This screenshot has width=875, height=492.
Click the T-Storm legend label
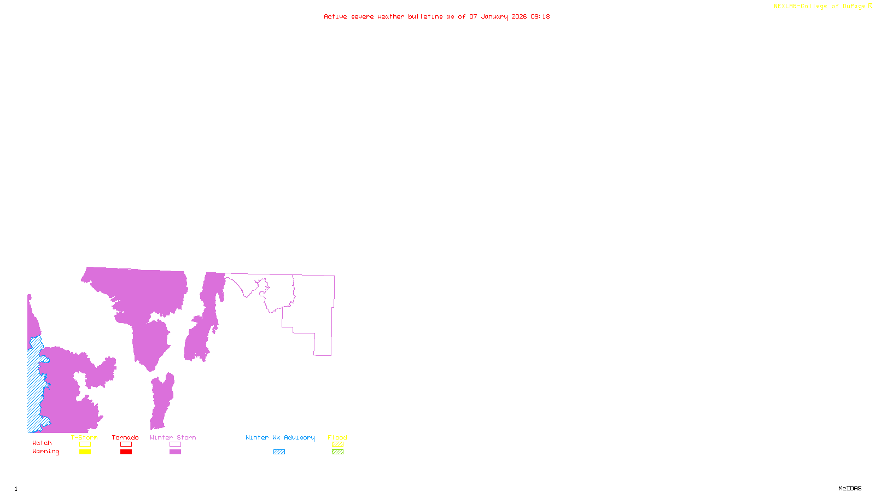[x=84, y=437]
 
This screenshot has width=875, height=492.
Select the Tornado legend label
[x=125, y=437]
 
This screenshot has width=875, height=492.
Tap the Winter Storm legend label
[x=173, y=437]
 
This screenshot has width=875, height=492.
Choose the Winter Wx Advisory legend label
[x=280, y=437]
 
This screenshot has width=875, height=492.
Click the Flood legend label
[x=337, y=437]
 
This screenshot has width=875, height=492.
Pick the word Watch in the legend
[x=42, y=443]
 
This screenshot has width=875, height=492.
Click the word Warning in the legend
[x=46, y=452]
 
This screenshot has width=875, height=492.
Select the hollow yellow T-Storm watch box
[x=85, y=444]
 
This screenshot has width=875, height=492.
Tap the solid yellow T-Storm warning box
[x=85, y=452]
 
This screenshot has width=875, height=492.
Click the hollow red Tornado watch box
[x=126, y=444]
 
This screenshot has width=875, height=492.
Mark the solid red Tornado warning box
[x=126, y=452]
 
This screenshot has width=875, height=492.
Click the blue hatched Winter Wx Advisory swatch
[x=279, y=452]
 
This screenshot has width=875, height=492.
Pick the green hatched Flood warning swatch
[x=337, y=452]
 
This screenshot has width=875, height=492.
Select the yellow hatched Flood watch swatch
[x=337, y=444]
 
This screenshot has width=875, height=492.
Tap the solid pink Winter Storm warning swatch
[x=175, y=452]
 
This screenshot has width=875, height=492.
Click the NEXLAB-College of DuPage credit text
[x=820, y=7]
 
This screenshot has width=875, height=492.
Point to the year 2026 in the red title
[x=519, y=16]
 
